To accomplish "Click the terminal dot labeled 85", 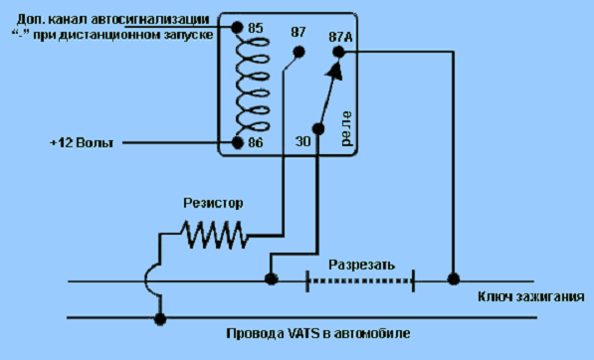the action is point(237,27).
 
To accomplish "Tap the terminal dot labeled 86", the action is point(237,143).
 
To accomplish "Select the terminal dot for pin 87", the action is point(298,52).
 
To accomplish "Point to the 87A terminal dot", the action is point(339,52).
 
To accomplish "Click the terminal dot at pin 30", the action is point(318,129).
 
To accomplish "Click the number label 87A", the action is point(340,37).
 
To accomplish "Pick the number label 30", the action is point(302,141).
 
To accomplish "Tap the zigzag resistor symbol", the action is point(214,235).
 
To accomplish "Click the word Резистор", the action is point(213,203).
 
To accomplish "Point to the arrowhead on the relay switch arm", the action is point(336,71).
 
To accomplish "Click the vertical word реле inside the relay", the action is point(346,128).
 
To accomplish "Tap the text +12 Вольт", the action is point(82,143).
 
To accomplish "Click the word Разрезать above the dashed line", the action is point(361,265).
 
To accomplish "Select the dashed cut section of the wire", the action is point(360,280).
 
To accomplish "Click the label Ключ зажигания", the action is point(530,296).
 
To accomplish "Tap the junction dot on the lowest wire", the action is point(160,319).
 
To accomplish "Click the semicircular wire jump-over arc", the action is point(146,280).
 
